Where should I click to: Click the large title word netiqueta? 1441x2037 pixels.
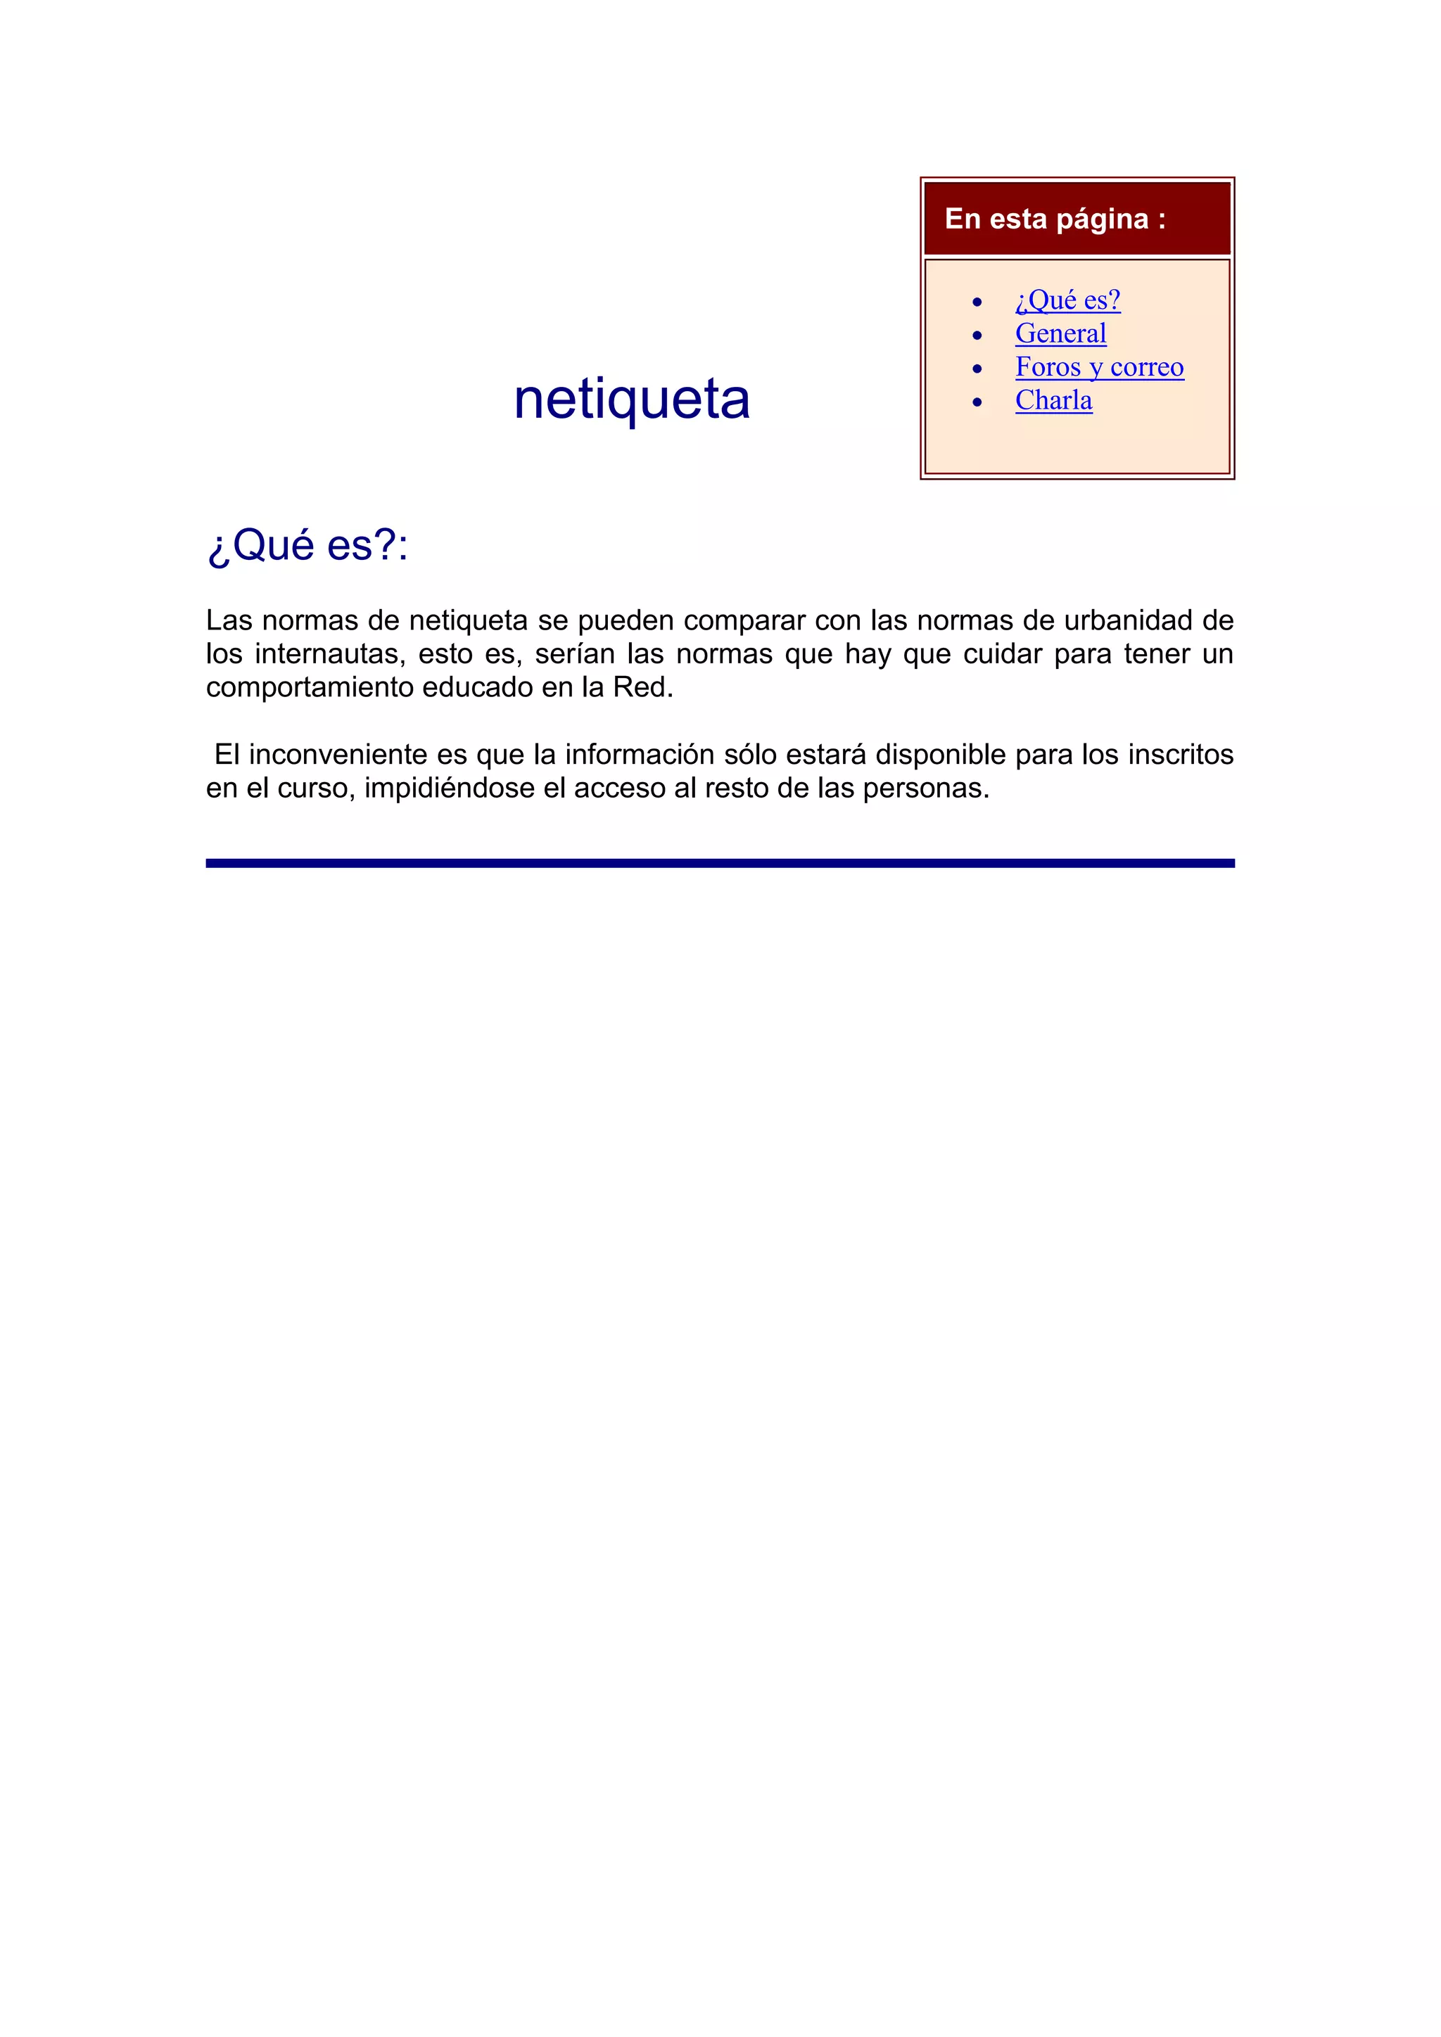tap(632, 400)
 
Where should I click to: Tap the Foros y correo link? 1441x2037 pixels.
tap(1099, 367)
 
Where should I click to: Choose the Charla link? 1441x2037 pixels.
tap(1053, 400)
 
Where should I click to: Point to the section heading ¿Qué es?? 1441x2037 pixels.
tap(307, 544)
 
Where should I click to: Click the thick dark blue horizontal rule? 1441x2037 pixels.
tap(720, 862)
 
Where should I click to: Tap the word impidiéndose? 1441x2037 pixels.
tap(449, 788)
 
